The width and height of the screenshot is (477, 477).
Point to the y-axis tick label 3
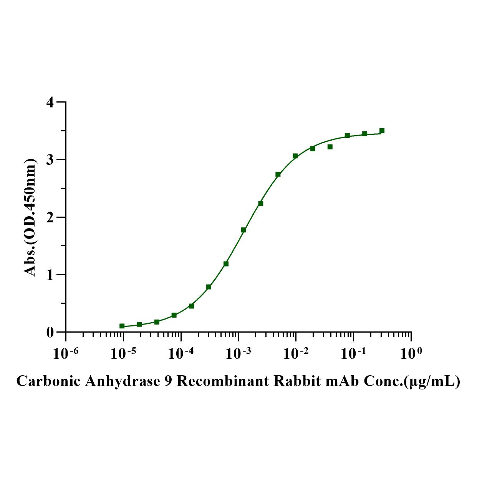(x=50, y=160)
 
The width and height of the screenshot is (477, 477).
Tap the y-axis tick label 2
(x=50, y=217)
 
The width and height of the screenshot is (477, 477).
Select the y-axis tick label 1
(x=50, y=275)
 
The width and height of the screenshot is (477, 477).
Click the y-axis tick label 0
(x=50, y=332)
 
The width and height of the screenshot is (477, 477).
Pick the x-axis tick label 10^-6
(x=65, y=354)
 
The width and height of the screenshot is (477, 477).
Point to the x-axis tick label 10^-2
(x=295, y=354)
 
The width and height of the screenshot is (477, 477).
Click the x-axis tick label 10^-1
(x=353, y=354)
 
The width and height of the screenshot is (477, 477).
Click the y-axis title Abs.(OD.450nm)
(x=31, y=217)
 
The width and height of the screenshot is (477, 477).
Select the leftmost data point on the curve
(x=122, y=326)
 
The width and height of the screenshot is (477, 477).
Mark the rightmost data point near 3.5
(x=382, y=131)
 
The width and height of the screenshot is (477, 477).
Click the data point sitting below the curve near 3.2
(x=330, y=147)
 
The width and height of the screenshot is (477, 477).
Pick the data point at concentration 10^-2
(x=295, y=156)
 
